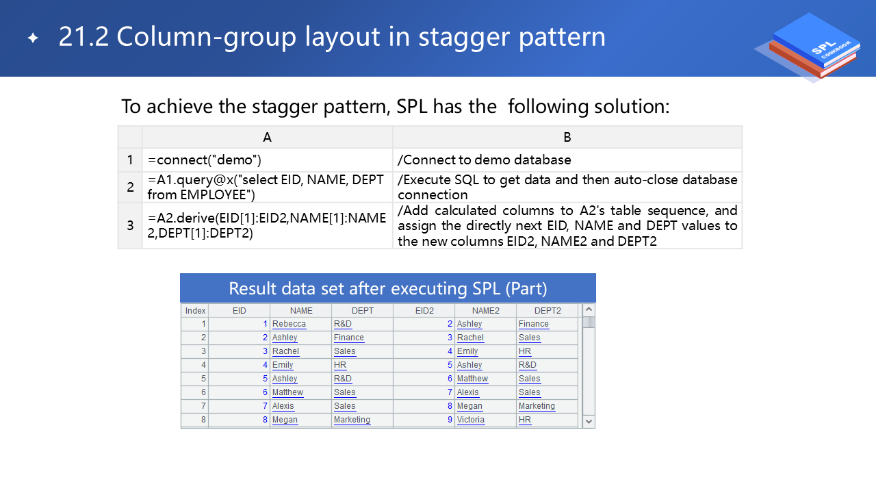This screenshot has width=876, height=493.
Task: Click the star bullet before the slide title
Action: (x=34, y=38)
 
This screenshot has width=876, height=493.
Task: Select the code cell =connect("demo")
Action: (x=205, y=160)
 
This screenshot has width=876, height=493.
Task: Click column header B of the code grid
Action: (x=567, y=137)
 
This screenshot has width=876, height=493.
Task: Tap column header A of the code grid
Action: (x=267, y=137)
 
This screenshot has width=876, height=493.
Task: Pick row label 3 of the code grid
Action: (x=130, y=225)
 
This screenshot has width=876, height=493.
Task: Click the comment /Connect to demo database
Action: (x=484, y=160)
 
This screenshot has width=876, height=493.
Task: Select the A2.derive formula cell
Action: (x=267, y=225)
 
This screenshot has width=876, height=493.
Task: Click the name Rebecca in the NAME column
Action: (x=289, y=324)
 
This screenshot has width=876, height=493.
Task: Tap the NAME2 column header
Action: (x=485, y=311)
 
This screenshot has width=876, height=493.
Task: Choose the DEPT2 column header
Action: (x=547, y=311)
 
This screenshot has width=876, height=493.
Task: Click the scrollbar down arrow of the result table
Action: (x=589, y=421)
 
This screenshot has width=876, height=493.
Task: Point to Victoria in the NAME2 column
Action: (x=470, y=420)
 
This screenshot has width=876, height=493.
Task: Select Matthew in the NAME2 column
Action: (x=472, y=379)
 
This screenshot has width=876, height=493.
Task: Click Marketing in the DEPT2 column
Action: (x=537, y=406)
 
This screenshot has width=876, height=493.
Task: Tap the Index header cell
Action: (x=195, y=311)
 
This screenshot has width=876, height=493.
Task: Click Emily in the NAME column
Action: (x=283, y=365)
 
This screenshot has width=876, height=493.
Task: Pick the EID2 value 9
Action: (x=450, y=420)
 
